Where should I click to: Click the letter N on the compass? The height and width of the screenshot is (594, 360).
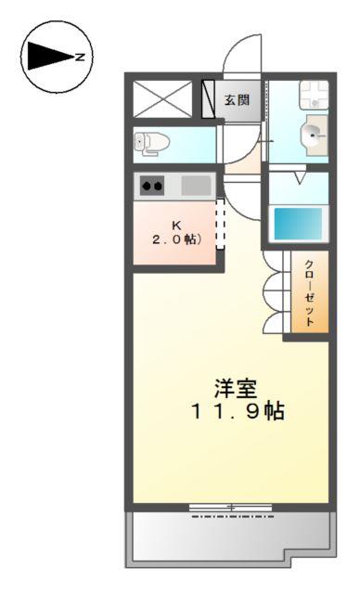point(81,58)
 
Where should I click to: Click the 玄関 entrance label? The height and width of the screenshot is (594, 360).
point(237,99)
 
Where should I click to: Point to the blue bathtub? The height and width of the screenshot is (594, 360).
point(298,224)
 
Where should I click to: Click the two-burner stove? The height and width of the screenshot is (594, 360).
point(152,186)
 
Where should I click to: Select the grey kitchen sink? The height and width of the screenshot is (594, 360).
point(195,185)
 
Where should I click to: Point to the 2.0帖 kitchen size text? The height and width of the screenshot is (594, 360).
point(175,239)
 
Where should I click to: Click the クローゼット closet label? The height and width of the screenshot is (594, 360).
point(310,291)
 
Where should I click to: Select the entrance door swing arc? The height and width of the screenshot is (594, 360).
point(239,58)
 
